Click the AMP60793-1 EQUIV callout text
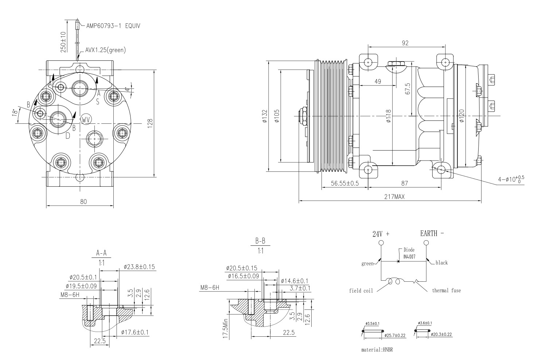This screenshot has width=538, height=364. click(113, 26)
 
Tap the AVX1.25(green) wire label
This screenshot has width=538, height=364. click(105, 50)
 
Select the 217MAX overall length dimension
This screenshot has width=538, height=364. click(394, 197)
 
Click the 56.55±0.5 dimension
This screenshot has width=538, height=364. click(344, 183)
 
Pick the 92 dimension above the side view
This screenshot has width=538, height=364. click(405, 43)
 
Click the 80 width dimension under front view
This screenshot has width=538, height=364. click(83, 202)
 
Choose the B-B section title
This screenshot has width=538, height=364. click(260, 241)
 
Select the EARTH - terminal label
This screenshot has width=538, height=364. click(432, 234)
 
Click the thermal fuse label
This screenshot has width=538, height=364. click(446, 290)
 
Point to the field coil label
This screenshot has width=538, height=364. click(361, 291)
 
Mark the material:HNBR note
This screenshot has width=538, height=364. click(377, 350)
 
